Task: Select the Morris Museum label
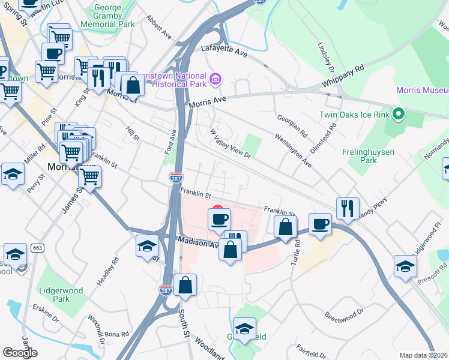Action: click(x=422, y=90)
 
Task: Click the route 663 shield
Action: click(x=37, y=248)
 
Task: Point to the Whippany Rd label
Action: click(x=344, y=78)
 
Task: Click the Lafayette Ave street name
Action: click(x=225, y=51)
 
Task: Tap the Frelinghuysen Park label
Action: click(x=372, y=156)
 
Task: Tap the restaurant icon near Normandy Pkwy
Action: click(x=348, y=208)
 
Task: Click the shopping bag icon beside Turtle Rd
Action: click(x=285, y=227)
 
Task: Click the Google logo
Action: click(x=20, y=352)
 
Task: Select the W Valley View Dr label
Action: click(x=230, y=143)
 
